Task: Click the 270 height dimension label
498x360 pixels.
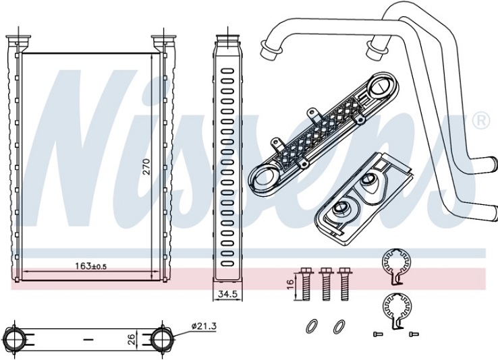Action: pyautogui.click(x=146, y=167)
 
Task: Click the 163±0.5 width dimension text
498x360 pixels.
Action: pyautogui.click(x=91, y=266)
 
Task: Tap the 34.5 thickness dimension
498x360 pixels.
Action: pyautogui.click(x=227, y=294)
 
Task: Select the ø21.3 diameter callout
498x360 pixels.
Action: pyautogui.click(x=204, y=326)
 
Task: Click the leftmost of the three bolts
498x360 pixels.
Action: pyautogui.click(x=306, y=284)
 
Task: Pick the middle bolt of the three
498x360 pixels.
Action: pyautogui.click(x=325, y=284)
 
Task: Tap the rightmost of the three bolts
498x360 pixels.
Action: pyautogui.click(x=343, y=284)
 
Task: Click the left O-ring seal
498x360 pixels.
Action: pyautogui.click(x=312, y=326)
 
